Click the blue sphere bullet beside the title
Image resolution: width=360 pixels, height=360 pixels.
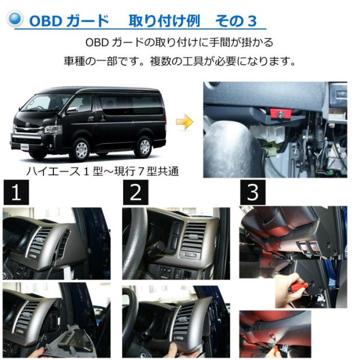point(15,19)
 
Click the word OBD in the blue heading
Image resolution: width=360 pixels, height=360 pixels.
point(46,21)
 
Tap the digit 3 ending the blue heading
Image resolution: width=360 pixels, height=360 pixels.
point(252,21)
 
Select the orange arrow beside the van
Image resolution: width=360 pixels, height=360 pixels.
point(184,121)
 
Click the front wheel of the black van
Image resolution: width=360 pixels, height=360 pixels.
point(82,149)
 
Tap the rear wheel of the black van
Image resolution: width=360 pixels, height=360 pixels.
point(145,147)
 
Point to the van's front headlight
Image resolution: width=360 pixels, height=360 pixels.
point(52,130)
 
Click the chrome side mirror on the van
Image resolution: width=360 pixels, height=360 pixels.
point(72,110)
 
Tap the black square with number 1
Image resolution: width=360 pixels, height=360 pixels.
point(16,192)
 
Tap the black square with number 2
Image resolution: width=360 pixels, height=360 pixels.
point(136,192)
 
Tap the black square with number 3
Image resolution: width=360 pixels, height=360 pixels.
point(253,192)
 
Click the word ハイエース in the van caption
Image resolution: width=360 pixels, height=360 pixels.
point(53,172)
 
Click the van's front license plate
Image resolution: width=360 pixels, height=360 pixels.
point(25,147)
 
